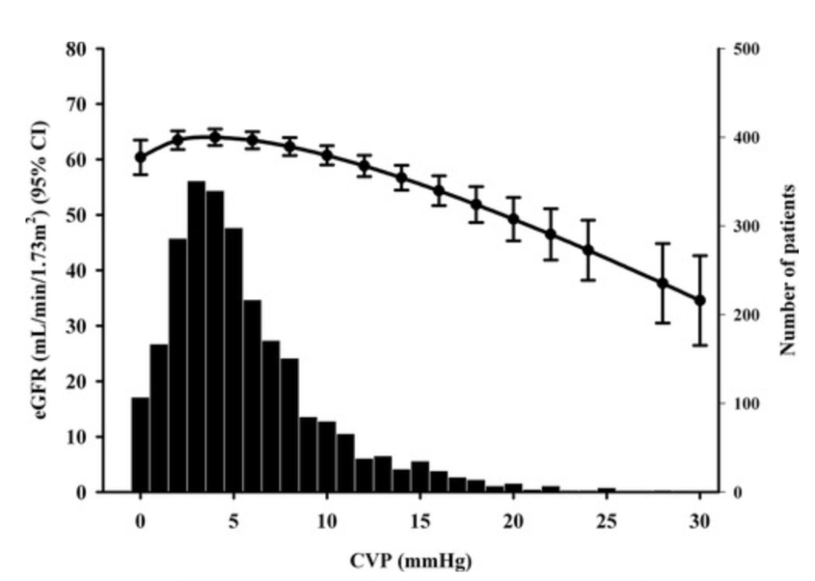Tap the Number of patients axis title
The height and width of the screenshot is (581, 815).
click(x=789, y=271)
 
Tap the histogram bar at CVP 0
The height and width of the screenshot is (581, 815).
click(x=140, y=444)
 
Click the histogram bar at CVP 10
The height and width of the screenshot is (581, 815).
click(x=326, y=456)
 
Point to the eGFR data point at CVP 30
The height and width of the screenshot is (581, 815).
click(x=700, y=300)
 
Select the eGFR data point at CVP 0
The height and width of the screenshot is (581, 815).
click(x=140, y=157)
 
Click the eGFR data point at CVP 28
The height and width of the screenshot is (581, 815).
click(x=663, y=283)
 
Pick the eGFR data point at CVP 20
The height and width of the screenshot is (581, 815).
click(x=513, y=219)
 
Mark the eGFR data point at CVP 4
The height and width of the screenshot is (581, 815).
click(x=214, y=137)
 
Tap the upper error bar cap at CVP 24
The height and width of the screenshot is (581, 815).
click(x=588, y=220)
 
